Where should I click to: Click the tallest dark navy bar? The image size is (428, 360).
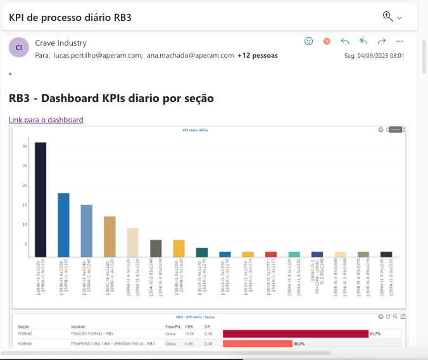[x=41, y=200]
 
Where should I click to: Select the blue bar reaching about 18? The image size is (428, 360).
[x=63, y=225]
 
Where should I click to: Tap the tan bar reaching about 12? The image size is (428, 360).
[x=110, y=236]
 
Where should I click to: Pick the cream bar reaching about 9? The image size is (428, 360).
[x=132, y=242]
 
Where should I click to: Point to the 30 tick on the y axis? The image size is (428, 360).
[x=25, y=146]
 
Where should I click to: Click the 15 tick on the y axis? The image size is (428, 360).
[x=25, y=205]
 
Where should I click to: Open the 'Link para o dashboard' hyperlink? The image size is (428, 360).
[x=46, y=120]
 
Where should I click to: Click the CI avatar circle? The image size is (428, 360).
[x=19, y=48]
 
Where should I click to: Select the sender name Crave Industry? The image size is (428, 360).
[x=61, y=43]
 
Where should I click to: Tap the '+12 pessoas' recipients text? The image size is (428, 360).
[x=258, y=55]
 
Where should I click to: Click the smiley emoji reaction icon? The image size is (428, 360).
[x=309, y=41]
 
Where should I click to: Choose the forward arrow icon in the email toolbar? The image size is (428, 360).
[x=382, y=41]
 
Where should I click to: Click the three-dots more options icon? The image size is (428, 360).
[x=400, y=41]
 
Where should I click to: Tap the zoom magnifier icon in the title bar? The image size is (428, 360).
[x=387, y=16]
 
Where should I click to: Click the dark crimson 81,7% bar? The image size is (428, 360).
[x=295, y=333]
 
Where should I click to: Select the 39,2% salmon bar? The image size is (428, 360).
[x=257, y=344]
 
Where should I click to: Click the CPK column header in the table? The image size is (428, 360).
[x=189, y=326]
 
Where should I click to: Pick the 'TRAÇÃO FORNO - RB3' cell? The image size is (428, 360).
[x=92, y=333]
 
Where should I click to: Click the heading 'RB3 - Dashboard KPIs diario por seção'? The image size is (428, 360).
[x=111, y=98]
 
